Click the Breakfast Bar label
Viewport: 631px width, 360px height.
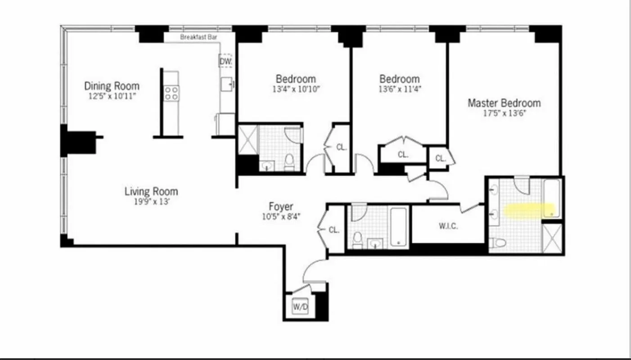[198, 37]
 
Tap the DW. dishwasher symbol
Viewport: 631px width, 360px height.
[225, 61]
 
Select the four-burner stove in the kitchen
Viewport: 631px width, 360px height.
[171, 93]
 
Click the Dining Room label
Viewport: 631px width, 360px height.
[112, 85]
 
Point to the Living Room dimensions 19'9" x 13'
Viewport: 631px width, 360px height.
[151, 202]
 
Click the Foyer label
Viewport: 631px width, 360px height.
[281, 207]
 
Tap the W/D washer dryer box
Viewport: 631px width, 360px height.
[299, 307]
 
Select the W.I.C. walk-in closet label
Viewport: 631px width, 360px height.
[448, 226]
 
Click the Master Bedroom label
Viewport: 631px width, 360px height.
[504, 103]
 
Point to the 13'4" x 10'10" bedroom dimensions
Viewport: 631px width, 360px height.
[296, 89]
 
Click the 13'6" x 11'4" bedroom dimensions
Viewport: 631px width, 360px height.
[399, 89]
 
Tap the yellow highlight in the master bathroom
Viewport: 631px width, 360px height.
[529, 210]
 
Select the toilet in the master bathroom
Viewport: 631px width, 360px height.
[498, 243]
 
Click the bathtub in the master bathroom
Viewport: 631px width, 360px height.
[551, 198]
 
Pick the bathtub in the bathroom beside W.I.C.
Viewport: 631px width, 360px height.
[398, 226]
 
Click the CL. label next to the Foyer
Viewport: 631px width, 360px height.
[334, 229]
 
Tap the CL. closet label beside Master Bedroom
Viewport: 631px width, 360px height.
[440, 158]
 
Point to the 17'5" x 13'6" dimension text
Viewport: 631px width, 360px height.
[504, 113]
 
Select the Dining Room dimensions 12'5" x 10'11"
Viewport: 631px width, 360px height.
[112, 96]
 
